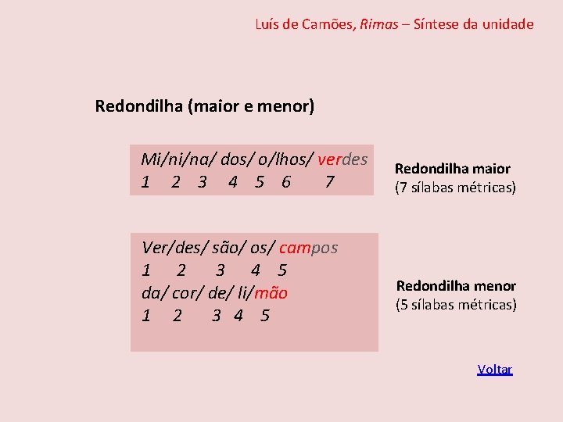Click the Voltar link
495,370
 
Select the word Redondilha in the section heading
138,105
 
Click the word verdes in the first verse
342,160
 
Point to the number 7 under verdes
330,182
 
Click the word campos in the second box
308,249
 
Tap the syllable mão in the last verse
273,294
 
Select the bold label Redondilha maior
453,169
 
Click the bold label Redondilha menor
456,286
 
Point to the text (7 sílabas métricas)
456,188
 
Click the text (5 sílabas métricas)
456,305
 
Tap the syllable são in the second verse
224,249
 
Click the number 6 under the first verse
286,182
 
